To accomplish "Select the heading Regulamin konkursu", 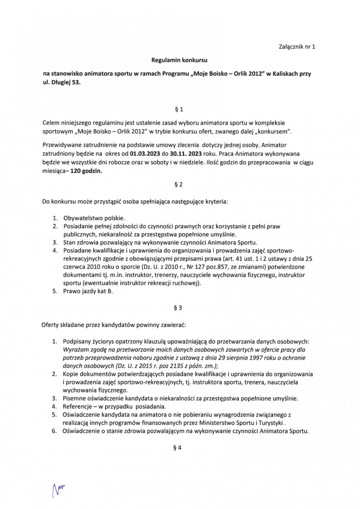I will point(180,59).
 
